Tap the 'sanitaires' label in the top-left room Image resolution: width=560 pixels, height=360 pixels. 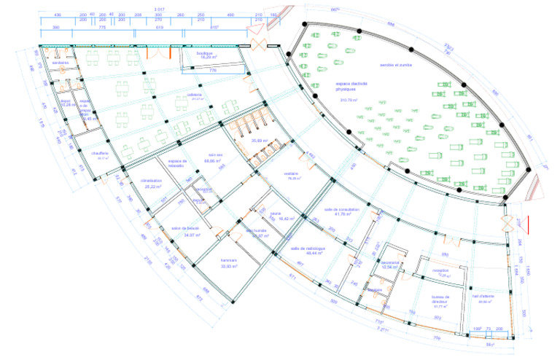point(60,63)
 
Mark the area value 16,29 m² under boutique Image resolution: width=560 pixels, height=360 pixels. point(198,58)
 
